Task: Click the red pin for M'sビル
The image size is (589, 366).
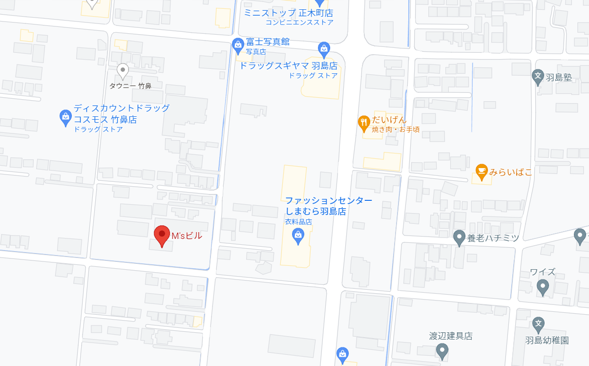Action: coord(162,236)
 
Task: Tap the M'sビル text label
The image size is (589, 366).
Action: coord(187,236)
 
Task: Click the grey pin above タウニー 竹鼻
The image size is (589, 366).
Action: coord(123,71)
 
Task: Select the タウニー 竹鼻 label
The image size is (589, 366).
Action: coord(130,86)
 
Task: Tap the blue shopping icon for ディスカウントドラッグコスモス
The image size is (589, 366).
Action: coord(65,117)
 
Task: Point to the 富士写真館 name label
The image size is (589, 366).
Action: coord(268,42)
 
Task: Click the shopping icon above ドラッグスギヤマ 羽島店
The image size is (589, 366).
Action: coord(323,49)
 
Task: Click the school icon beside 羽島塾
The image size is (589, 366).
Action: coord(538,77)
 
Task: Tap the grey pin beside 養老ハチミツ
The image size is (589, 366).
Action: coord(459,238)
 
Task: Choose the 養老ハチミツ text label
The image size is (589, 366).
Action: coord(493,238)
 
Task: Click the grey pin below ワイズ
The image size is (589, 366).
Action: coord(542,287)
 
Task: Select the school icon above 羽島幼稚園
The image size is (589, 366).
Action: coord(538,324)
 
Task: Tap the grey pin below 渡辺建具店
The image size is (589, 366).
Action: coord(442,350)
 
